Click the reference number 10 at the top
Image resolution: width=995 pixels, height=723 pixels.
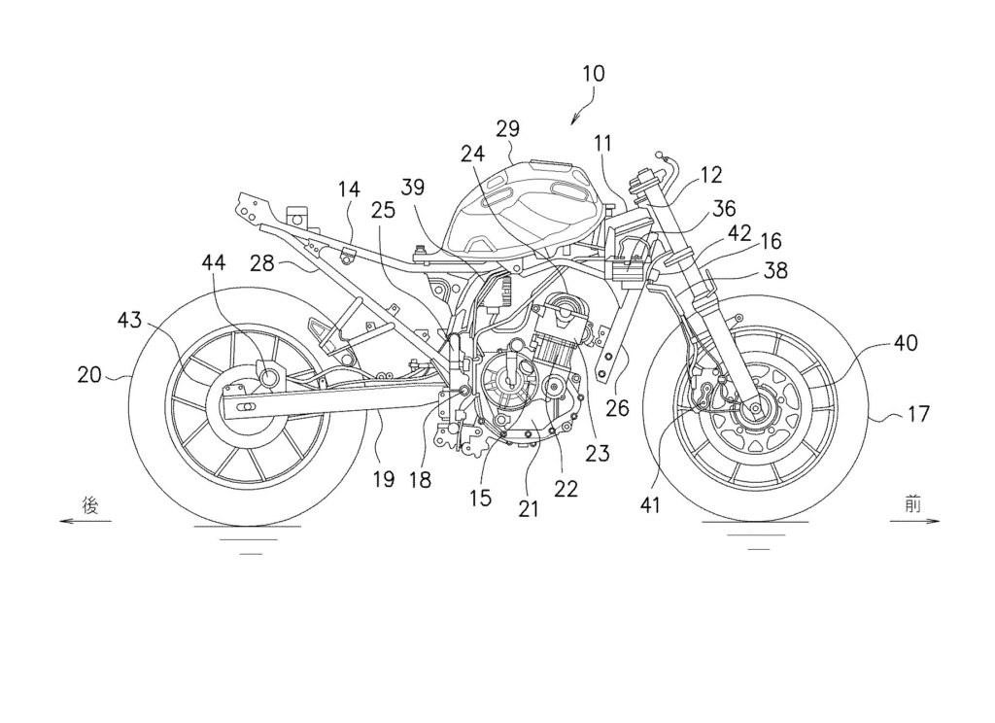(594, 73)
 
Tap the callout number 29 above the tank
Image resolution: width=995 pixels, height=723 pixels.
(507, 128)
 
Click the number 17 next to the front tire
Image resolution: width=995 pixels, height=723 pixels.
(919, 415)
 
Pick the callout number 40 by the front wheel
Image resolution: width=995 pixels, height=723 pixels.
(906, 342)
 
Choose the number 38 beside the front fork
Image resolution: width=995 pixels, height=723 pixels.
(776, 273)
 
